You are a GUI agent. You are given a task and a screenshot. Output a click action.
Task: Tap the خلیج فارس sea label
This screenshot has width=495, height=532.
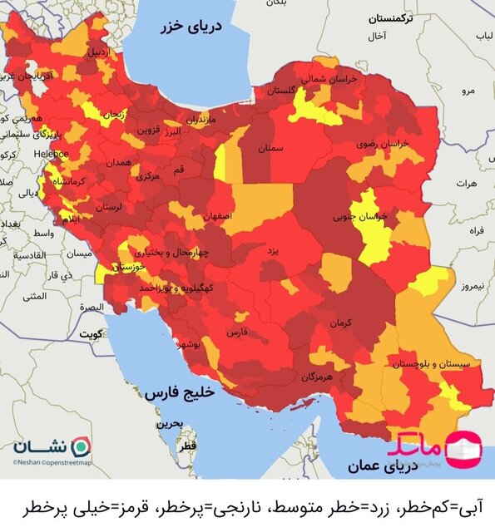click(x=179, y=393)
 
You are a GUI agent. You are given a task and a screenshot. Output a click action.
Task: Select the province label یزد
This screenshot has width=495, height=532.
click(x=272, y=249)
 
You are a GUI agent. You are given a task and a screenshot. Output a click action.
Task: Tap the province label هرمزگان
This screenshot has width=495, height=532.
click(x=317, y=377)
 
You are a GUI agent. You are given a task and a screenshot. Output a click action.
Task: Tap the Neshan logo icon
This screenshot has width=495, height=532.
click(x=80, y=445)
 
